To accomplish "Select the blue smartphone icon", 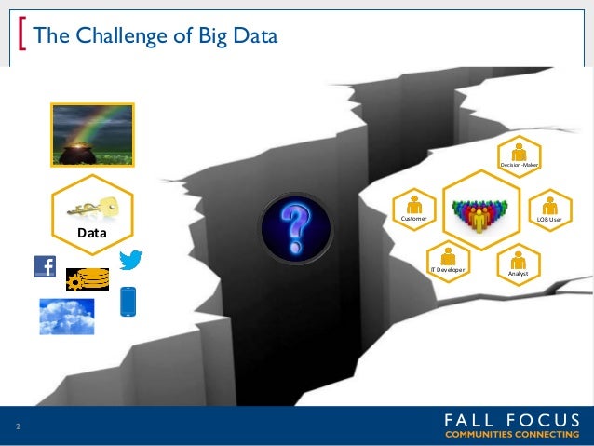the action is (129, 303).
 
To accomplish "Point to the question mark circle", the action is (295, 226).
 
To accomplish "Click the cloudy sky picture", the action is (67, 317).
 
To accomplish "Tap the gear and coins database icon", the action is (87, 279).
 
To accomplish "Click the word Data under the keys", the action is (91, 234).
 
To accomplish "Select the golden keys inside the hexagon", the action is (92, 207).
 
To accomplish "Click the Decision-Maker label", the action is (520, 165).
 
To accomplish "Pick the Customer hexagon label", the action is (413, 218).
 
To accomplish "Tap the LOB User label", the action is (549, 219).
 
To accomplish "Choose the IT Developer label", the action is (447, 268).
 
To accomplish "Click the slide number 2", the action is (17, 427).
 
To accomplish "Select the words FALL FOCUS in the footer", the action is (511, 419).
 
